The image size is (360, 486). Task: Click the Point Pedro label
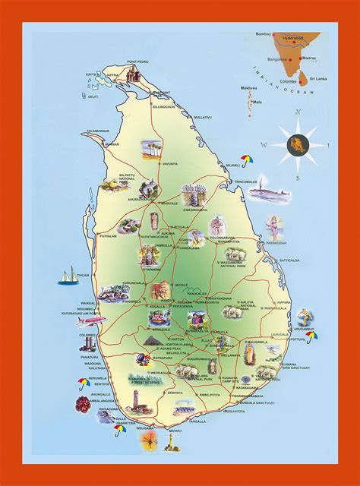tap(138, 62)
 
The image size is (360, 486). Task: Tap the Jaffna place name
tap(112, 76)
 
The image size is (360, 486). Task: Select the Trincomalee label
tap(254, 181)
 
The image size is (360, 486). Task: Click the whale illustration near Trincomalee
tap(274, 194)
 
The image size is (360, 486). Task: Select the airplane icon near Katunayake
tap(65, 320)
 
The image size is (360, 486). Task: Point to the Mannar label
tap(91, 144)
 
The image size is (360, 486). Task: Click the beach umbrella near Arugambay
tap(312, 336)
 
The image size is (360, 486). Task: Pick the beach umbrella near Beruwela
tap(81, 383)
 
